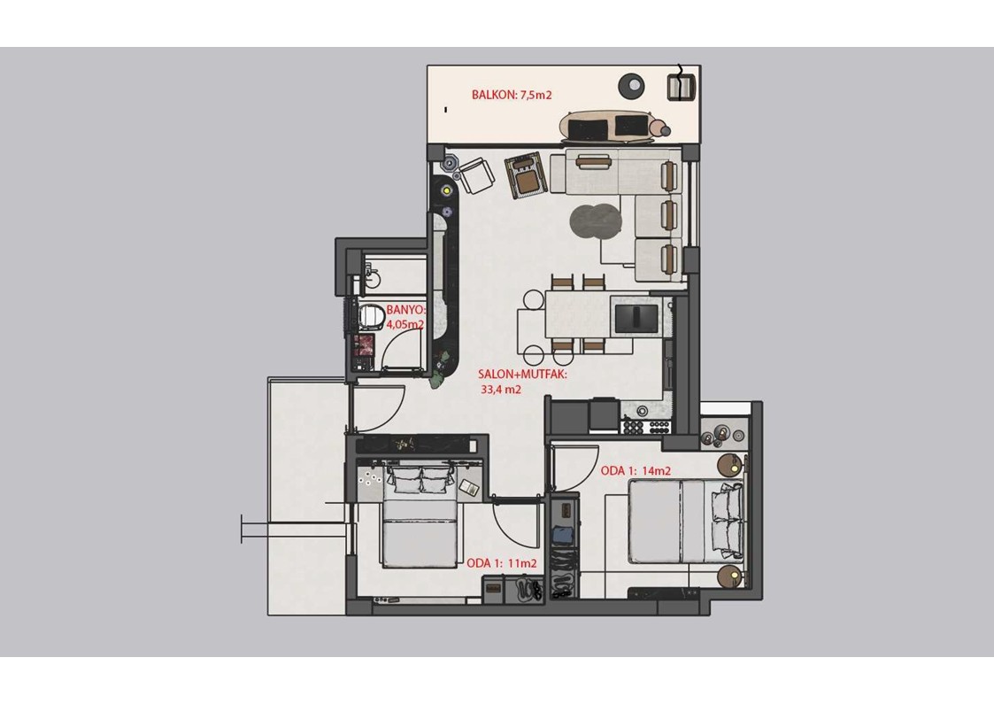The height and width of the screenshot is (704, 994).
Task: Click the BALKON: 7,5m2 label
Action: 512,95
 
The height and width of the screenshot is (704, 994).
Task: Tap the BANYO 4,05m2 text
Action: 405,317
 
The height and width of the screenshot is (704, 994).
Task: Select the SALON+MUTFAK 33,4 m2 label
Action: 522,382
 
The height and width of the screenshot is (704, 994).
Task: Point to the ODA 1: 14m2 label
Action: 636,470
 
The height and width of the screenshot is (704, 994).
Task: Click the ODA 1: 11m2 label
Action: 502,563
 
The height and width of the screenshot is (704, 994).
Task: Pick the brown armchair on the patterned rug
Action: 526,175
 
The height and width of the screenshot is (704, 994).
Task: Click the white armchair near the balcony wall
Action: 476,175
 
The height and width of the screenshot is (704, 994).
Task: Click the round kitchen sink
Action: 642,411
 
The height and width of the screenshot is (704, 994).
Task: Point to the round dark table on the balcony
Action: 632,84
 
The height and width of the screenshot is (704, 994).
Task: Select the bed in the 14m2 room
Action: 686,522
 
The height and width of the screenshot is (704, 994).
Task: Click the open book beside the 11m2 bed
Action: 470,487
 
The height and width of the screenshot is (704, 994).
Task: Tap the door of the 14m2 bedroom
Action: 575,468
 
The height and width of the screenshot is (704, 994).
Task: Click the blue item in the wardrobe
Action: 562,535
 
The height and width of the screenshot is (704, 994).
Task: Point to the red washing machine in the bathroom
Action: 365,345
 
